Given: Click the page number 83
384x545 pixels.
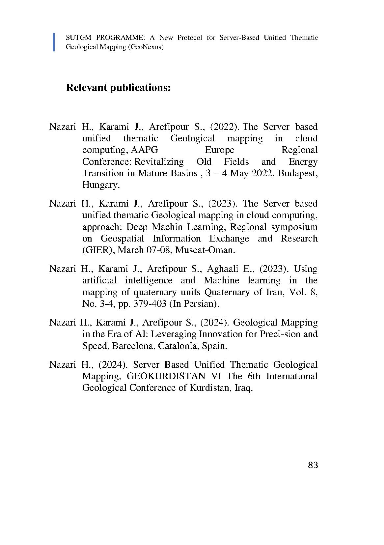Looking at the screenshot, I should pyautogui.click(x=313, y=465).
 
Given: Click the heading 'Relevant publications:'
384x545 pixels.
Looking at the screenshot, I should pyautogui.click(x=118, y=88).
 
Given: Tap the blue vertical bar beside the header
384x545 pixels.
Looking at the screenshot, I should pyautogui.click(x=54, y=42).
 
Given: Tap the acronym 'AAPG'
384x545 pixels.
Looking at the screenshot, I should pyautogui.click(x=145, y=150).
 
